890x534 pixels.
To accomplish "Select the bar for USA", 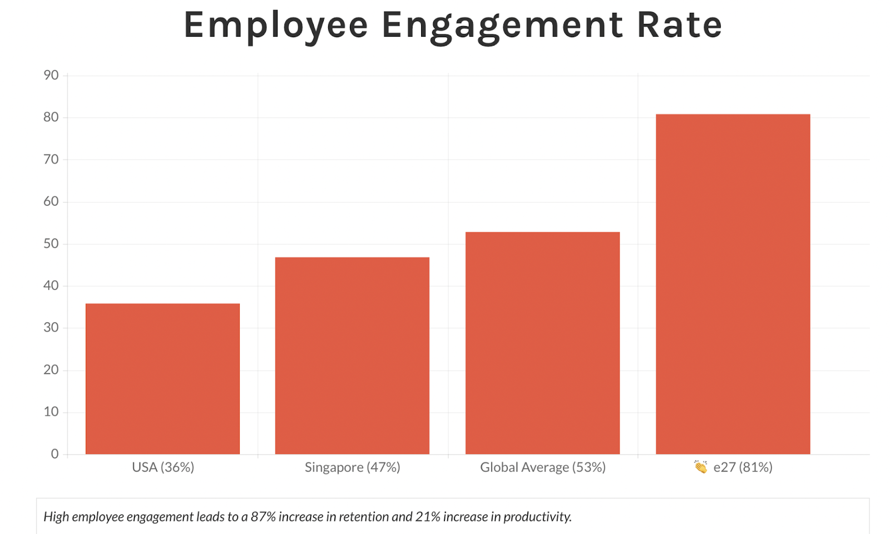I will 162,378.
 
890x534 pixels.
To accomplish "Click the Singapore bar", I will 352,356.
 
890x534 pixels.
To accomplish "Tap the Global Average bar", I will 542,343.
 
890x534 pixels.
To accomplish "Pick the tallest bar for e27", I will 733,284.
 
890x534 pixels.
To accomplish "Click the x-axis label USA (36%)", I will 163,467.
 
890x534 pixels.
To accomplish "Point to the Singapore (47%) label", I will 352,467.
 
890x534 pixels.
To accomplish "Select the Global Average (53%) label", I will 542,467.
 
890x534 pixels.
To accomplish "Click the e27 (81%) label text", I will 743,467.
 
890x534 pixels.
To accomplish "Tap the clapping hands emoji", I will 700,467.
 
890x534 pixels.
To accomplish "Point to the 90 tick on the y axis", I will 51,76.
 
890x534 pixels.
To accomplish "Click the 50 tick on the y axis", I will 51,244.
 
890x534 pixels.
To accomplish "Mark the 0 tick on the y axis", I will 55,454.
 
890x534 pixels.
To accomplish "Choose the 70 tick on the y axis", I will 51,159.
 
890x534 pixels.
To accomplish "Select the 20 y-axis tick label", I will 51,370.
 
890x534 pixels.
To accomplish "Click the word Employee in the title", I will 276,26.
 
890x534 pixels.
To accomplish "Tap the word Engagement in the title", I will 502,26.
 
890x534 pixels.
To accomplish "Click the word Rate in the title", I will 679,26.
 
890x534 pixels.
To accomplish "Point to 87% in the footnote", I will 263,517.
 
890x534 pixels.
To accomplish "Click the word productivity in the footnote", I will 537,517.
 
